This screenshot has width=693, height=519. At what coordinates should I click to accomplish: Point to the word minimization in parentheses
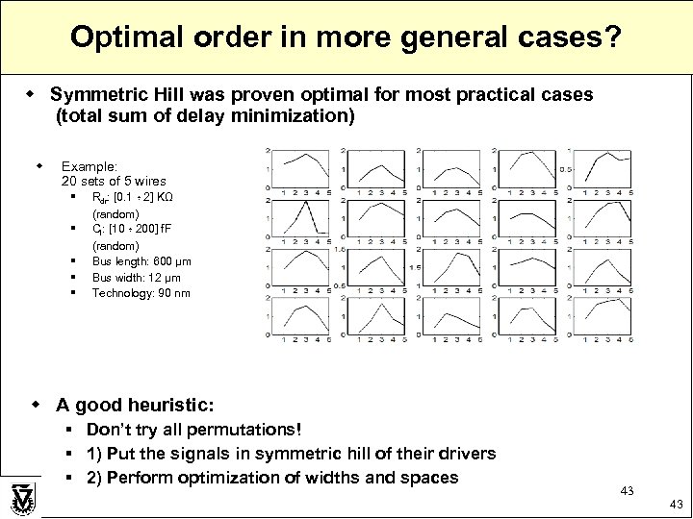pos(298,117)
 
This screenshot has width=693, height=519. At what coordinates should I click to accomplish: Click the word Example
pos(85,166)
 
